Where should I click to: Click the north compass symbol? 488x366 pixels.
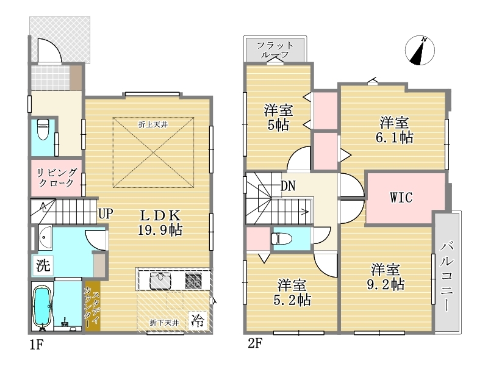420,51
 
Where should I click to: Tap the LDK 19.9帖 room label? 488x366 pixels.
160,223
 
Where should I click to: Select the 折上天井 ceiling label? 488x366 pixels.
153,125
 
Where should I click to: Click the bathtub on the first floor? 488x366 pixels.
42,307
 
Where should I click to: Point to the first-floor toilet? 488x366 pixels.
42,129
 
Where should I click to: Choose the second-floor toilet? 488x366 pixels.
281,239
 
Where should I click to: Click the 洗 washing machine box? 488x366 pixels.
43,265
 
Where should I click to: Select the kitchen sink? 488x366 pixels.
161,281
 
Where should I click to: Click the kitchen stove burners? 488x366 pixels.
193,281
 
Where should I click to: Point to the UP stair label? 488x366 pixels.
106,214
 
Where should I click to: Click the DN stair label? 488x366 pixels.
288,186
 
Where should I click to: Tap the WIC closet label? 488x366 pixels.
401,198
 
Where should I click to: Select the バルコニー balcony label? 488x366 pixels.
447,276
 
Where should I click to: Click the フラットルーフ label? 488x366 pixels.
275,50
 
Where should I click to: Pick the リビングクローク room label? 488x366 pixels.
57,178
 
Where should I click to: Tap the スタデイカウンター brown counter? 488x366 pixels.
93,306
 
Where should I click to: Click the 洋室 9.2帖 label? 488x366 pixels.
386,277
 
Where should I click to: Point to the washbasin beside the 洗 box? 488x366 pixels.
45,237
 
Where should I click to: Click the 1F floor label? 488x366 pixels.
37,345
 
